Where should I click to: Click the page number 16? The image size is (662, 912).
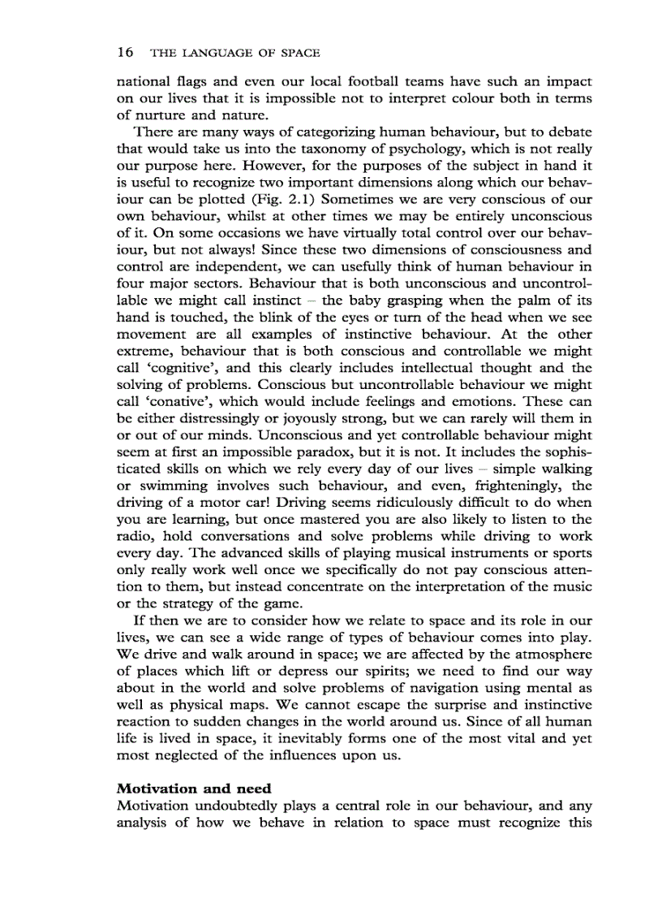click(x=125, y=53)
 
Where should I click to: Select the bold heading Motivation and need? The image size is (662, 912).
click(x=194, y=789)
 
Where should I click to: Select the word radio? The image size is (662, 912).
click(x=135, y=537)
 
